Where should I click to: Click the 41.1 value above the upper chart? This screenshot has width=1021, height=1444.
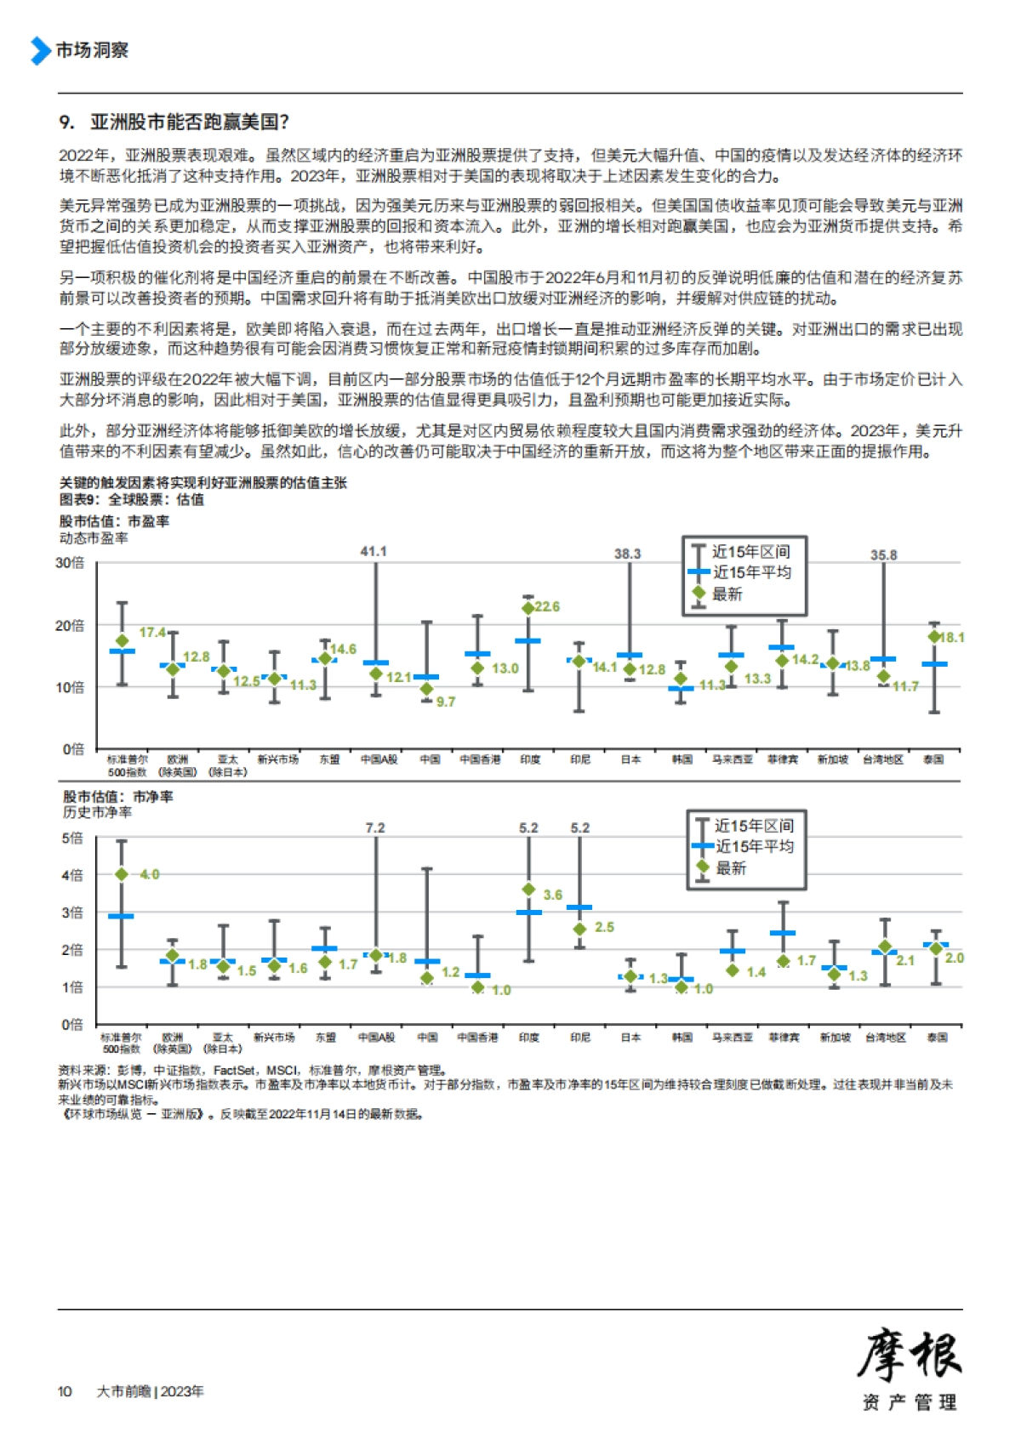(x=374, y=551)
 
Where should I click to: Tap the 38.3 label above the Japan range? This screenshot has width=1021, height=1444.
(x=627, y=554)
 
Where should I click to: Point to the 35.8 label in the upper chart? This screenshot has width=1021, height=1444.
(x=883, y=554)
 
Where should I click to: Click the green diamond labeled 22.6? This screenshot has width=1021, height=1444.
(x=528, y=607)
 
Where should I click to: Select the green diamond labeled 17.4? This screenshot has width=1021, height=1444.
(x=123, y=640)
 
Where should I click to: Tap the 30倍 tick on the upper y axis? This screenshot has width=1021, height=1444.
(x=70, y=562)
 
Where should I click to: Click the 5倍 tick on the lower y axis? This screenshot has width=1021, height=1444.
(x=72, y=838)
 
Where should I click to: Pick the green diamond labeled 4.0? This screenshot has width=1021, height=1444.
(x=122, y=874)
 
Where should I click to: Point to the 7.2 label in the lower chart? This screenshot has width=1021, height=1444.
(x=374, y=827)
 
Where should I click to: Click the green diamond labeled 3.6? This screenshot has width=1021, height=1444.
(x=528, y=890)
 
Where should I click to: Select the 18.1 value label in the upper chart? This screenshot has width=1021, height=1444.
(x=951, y=637)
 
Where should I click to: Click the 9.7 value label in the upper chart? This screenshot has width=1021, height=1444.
(x=446, y=702)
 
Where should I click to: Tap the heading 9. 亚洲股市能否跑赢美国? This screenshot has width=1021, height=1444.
(x=174, y=122)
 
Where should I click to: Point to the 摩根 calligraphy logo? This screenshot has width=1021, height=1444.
(x=909, y=1356)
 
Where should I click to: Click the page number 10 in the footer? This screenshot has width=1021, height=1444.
(x=65, y=1391)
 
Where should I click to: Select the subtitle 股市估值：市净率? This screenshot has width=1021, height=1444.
(x=117, y=797)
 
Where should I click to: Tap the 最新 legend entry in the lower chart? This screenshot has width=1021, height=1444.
(x=730, y=867)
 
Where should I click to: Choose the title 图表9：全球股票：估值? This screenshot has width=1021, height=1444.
(x=131, y=499)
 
